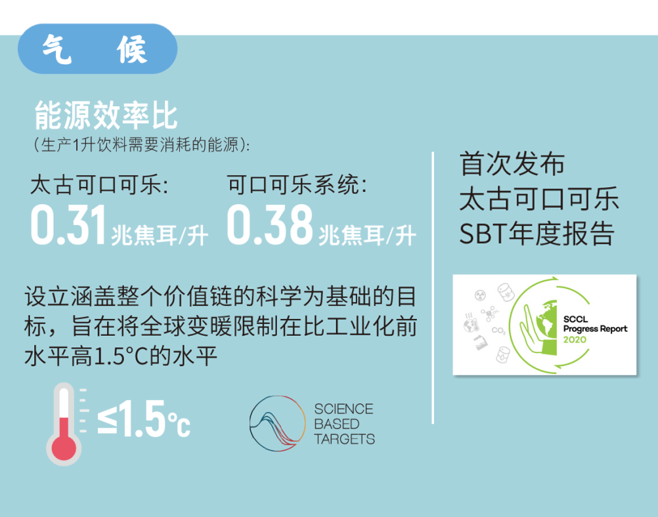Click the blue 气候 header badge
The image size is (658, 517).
tap(97, 49)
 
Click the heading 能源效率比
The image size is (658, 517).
tap(106, 115)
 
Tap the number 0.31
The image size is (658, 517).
tap(68, 224)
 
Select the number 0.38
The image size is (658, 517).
tap(270, 224)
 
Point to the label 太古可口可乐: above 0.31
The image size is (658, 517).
tap(99, 185)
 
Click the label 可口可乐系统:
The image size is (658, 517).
tap(297, 185)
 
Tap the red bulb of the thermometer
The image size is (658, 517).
tap(64, 447)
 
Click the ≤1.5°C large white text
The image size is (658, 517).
tap(144, 419)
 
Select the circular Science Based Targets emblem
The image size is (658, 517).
tap(277, 423)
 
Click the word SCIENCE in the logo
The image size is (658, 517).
tap(343, 409)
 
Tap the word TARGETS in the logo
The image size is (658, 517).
tap(344, 439)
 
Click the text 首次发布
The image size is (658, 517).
tap(512, 164)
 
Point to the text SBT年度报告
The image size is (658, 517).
tap(537, 234)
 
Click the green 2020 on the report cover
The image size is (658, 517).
tap(575, 339)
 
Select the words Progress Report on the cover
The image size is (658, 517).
tap(595, 329)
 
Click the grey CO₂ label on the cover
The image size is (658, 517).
tap(498, 331)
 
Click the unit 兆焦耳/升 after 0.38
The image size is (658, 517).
tap(367, 236)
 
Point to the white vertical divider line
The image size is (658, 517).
tap(433, 287)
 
